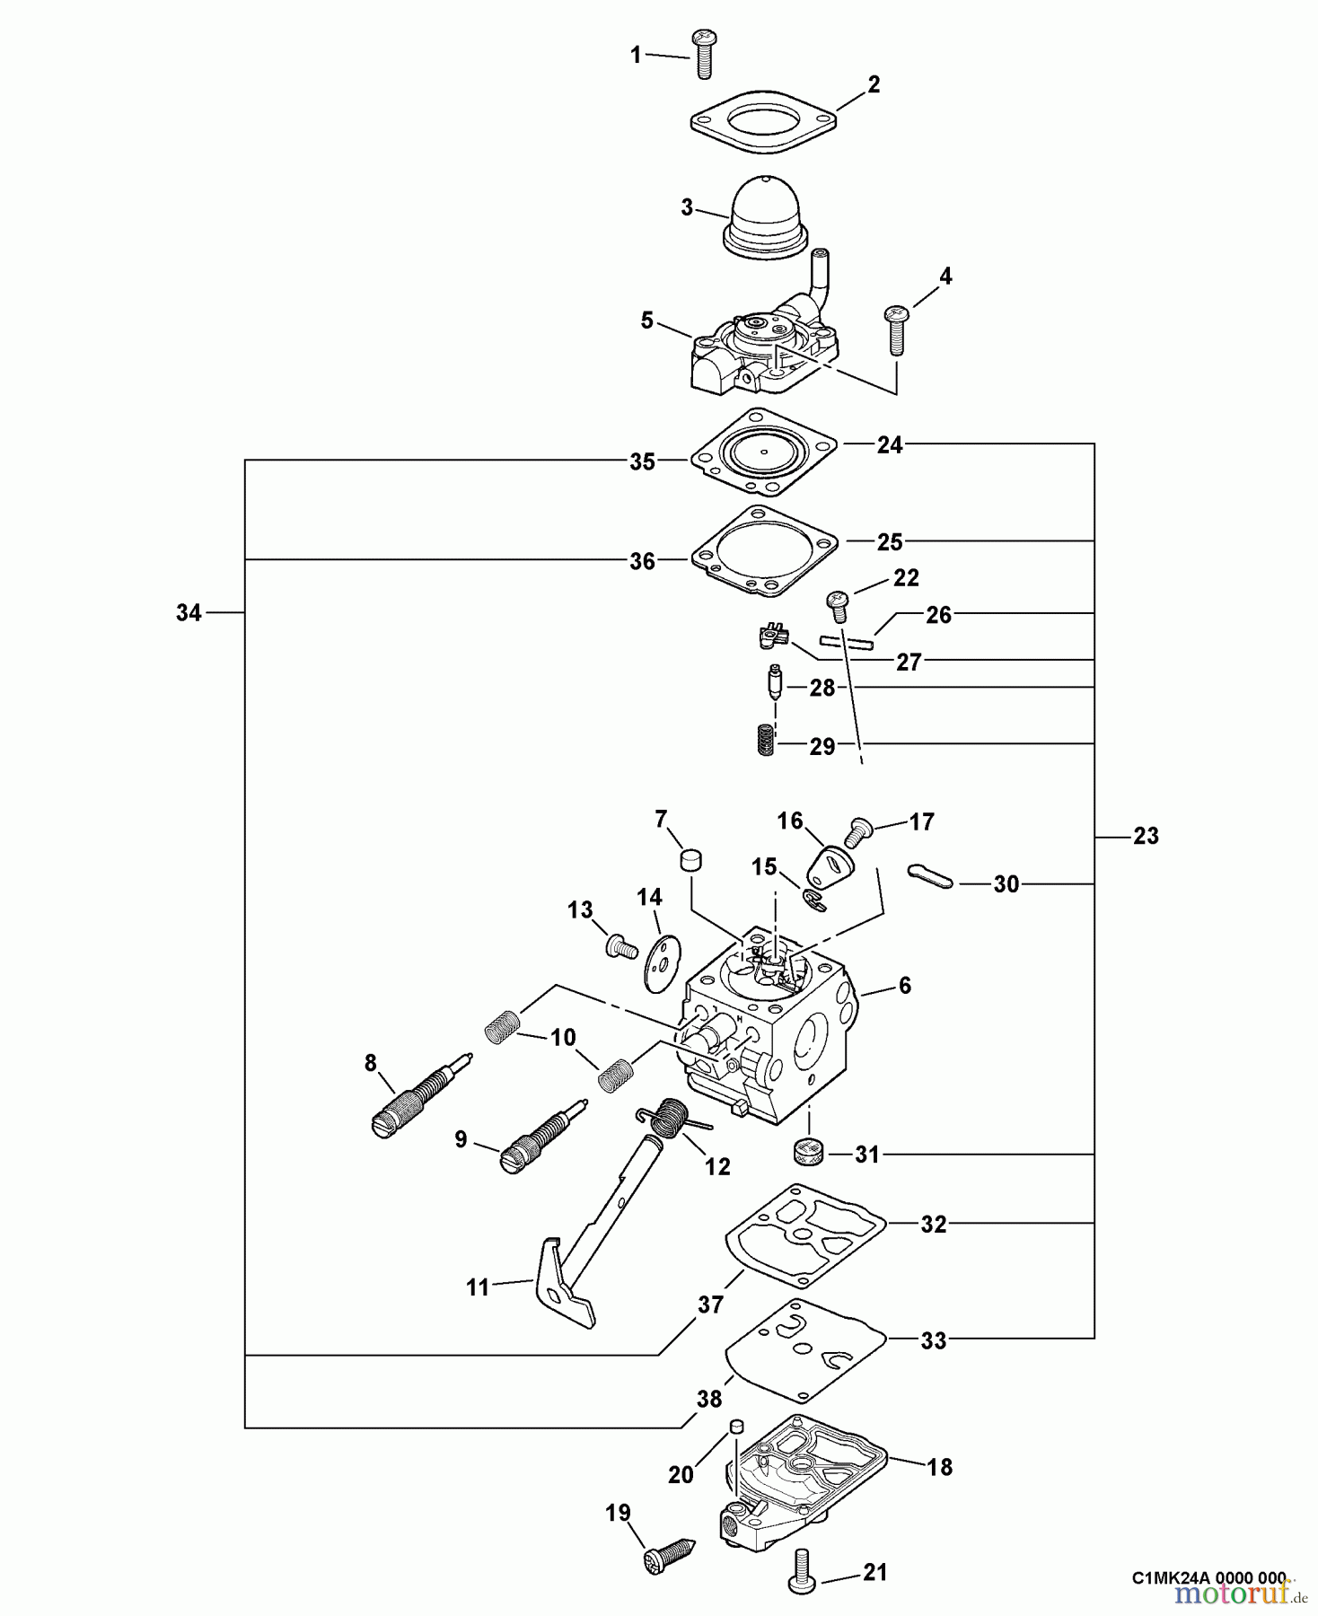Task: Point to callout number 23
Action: tap(1146, 836)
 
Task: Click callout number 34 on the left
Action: tap(189, 613)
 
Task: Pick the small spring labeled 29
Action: tap(762, 741)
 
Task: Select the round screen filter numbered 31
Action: tap(811, 1151)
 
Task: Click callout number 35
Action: tap(642, 462)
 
